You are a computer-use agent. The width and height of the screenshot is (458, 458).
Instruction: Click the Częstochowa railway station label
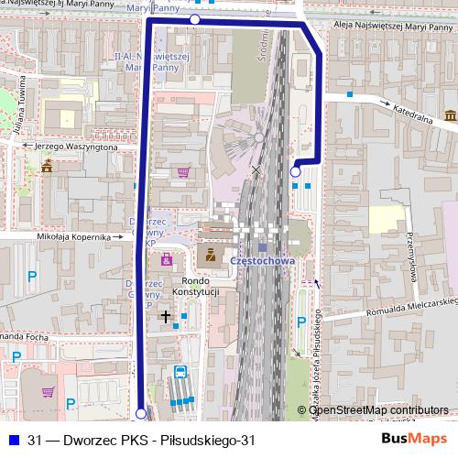[263, 260]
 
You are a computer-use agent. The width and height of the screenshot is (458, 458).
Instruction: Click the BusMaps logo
[414, 440]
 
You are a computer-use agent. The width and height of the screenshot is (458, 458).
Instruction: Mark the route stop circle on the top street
[194, 19]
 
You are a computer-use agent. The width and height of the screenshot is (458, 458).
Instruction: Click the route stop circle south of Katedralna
[295, 171]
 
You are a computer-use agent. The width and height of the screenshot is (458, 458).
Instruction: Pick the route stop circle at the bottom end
[140, 414]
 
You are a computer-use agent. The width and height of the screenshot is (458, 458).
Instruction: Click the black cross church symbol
[166, 317]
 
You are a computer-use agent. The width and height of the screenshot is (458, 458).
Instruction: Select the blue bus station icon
[180, 373]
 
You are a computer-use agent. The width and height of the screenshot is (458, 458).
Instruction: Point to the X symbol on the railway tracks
[256, 169]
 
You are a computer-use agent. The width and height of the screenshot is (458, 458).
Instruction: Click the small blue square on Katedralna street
[349, 93]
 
